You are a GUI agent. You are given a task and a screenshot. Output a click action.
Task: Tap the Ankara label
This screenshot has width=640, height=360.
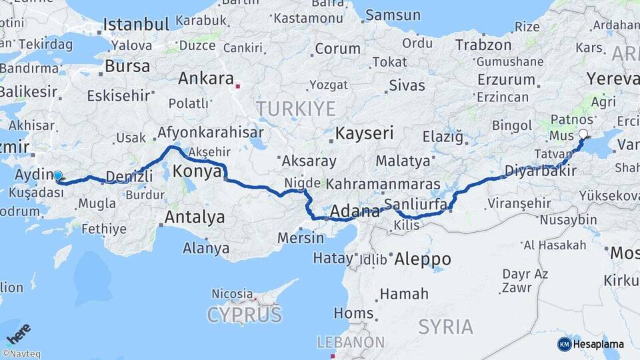coord(206,78)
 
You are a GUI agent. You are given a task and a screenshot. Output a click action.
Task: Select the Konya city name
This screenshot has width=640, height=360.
coord(197,171)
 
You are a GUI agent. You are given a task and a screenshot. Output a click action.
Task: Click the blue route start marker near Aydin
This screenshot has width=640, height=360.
coord(58,176)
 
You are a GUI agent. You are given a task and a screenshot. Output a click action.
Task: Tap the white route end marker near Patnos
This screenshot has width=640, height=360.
coord(583,134)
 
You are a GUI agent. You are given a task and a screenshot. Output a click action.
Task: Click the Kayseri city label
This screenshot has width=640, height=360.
coord(364,133)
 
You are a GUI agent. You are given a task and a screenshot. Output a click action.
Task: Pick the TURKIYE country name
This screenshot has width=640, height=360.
coord(296,109)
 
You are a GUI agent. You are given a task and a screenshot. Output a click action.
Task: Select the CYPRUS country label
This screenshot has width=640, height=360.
coord(244,314)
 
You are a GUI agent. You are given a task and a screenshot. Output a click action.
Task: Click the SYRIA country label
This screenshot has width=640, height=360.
coord(446,327)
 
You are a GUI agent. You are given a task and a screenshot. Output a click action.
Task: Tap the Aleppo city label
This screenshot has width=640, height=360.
coord(423,259)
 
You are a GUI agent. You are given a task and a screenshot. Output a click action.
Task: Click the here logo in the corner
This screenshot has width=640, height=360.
coord(19,334)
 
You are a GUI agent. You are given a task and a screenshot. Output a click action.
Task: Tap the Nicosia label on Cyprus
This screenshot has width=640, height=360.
coord(231,293)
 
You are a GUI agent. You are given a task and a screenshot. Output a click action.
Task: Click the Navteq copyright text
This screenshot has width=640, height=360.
coord(21,354)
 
